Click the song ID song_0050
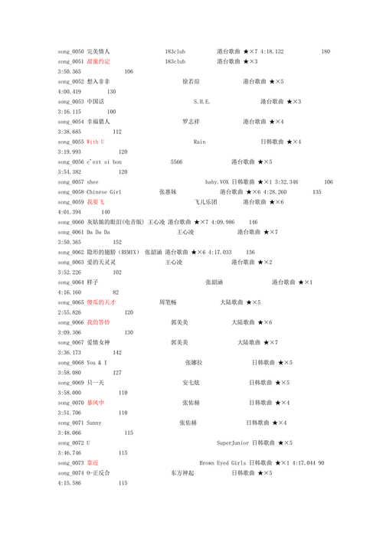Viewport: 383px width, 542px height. (70, 51)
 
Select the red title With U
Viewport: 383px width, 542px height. (96, 142)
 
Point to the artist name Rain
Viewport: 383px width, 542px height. (199, 142)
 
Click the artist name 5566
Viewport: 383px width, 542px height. (176, 162)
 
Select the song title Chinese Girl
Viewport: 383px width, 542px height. (103, 192)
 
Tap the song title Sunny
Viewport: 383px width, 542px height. (93, 423)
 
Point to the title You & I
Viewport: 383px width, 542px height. (97, 362)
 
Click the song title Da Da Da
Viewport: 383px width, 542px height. (98, 232)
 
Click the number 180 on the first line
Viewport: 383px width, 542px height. (326, 51)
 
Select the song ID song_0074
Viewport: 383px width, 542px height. (70, 473)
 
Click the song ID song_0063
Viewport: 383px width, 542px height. (70, 262)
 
